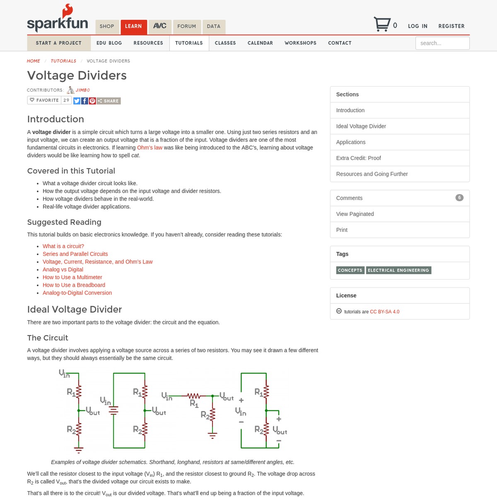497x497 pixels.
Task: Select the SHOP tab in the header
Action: coord(107,27)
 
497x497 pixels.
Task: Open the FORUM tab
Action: coord(186,27)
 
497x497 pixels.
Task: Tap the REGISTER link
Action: coord(451,26)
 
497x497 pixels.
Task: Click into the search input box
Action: coord(442,43)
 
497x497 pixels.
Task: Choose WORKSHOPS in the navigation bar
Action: coord(300,43)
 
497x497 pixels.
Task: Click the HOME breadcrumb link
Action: coord(34,61)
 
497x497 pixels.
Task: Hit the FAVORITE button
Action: coord(44,100)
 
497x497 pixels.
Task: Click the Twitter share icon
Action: coord(77,101)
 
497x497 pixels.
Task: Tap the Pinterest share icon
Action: coord(92,101)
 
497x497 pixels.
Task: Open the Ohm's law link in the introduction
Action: coord(150,147)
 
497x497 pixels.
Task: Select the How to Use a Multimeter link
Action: coord(72,277)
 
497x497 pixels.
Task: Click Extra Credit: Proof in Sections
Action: coord(358,158)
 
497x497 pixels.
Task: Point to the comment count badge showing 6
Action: coord(459,198)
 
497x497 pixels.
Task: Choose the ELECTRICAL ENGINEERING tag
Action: coord(398,270)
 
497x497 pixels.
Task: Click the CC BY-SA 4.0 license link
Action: coord(384,311)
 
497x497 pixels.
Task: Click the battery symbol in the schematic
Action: coord(113,410)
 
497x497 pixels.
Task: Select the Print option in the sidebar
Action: coord(342,230)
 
